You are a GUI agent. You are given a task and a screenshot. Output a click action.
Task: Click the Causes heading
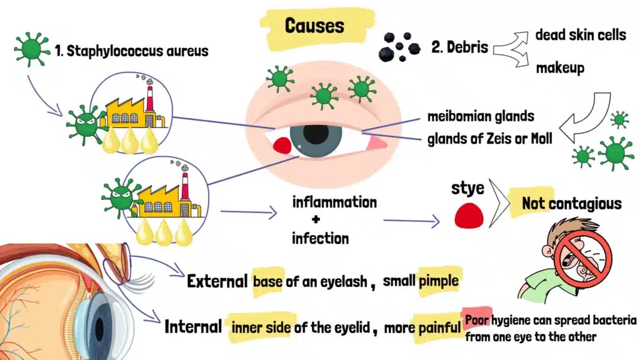(314, 26)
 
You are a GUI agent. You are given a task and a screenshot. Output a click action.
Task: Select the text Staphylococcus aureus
(139, 51)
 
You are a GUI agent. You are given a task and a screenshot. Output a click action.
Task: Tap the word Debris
(467, 47)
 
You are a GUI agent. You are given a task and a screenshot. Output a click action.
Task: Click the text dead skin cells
(580, 35)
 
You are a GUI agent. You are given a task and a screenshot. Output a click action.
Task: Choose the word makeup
(560, 67)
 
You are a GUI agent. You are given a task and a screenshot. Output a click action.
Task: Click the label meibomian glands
(481, 117)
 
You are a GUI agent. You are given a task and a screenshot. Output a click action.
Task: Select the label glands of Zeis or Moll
(489, 139)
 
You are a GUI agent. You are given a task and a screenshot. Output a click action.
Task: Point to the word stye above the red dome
(467, 188)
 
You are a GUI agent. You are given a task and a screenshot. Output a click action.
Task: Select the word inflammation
(334, 202)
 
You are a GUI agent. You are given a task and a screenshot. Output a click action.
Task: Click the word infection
(320, 238)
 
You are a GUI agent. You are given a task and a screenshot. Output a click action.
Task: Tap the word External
(217, 281)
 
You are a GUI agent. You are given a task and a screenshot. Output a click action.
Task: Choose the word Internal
(193, 326)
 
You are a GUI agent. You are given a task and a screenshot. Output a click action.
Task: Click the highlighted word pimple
(439, 281)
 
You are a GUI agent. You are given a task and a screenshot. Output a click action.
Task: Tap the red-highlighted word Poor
(476, 321)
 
